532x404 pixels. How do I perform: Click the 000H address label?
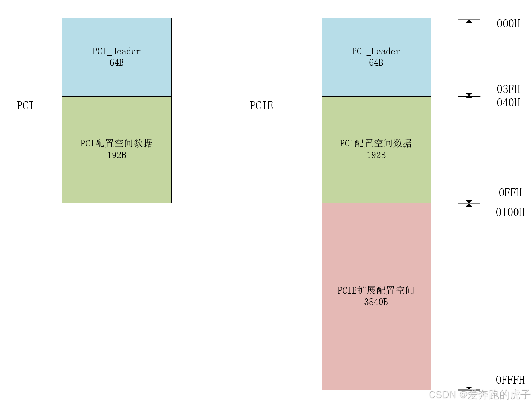508,24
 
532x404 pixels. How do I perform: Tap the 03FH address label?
508,89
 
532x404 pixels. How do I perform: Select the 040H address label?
508,103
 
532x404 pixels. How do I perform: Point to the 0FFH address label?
510,193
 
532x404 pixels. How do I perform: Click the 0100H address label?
510,212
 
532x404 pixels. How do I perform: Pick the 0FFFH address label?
510,380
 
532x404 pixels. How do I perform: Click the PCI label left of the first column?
25,106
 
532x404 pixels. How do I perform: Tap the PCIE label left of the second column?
261,106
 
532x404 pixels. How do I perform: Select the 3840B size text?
376,302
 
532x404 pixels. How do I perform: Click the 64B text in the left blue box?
117,63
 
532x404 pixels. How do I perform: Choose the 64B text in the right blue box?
376,63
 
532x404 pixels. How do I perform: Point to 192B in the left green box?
117,155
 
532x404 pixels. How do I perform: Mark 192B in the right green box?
376,155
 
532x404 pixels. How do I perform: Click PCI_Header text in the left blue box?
117,51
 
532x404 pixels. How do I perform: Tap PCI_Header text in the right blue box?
376,51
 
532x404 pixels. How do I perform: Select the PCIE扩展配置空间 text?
376,290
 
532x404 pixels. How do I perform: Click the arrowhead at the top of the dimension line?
469,22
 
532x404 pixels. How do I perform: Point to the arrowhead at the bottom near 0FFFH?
469,388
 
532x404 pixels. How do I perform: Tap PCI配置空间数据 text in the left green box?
117,144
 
